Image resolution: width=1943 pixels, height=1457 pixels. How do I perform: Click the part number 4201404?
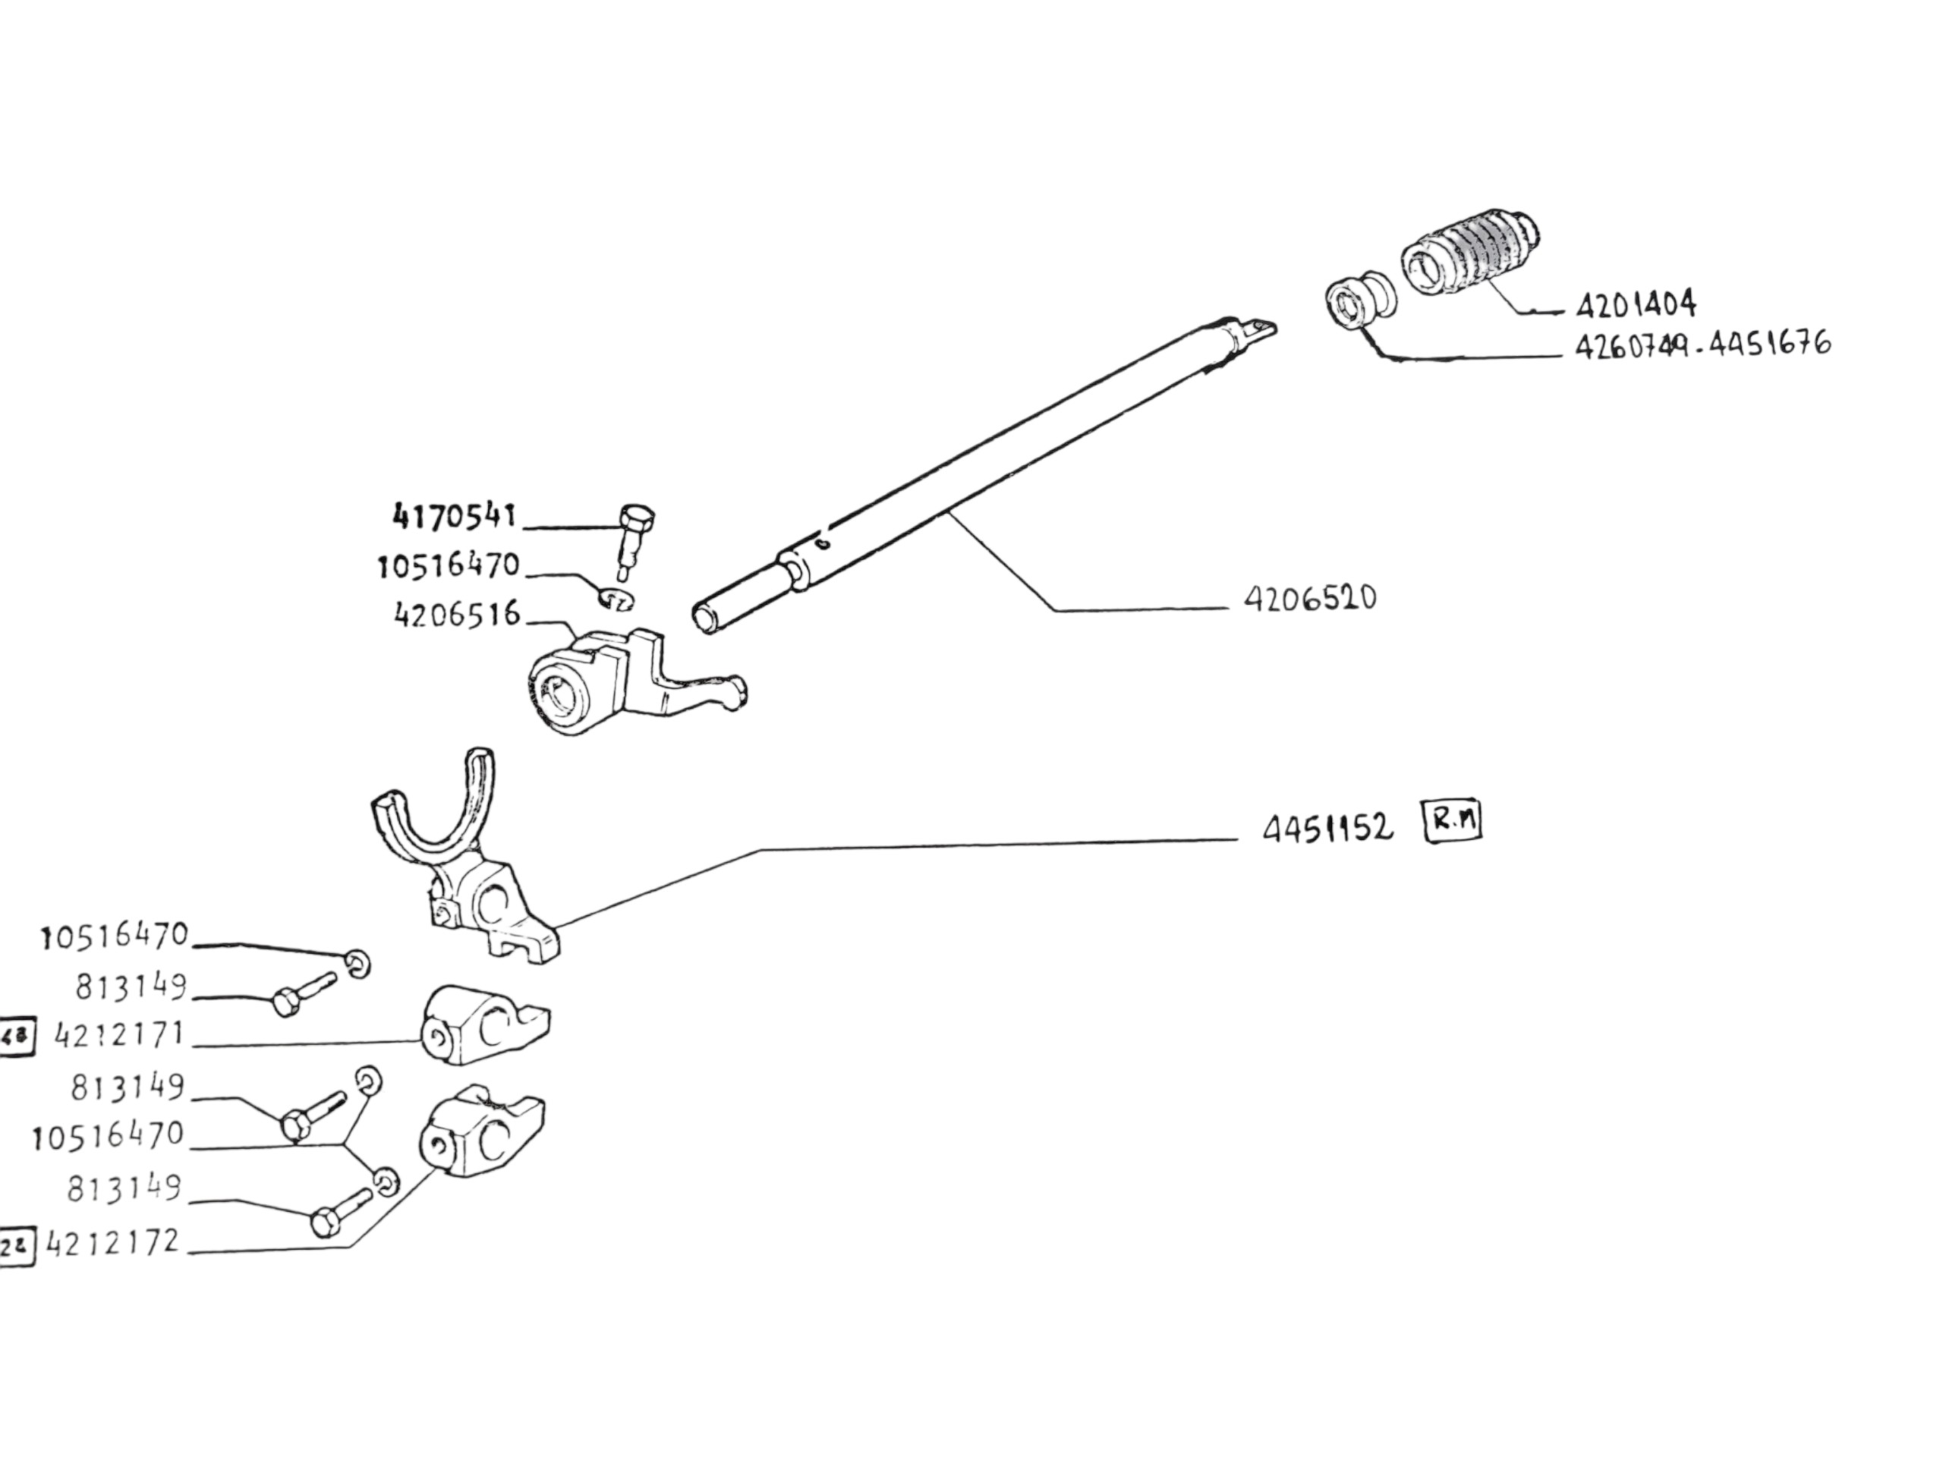pyautogui.click(x=1636, y=305)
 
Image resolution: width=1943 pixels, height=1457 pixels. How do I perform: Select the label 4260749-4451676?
pyautogui.click(x=1703, y=344)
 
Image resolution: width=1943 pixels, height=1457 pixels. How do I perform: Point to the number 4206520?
pyautogui.click(x=1310, y=599)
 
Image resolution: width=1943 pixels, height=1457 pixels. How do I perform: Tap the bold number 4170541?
pyautogui.click(x=454, y=517)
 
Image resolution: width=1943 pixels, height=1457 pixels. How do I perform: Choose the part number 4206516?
pyautogui.click(x=457, y=614)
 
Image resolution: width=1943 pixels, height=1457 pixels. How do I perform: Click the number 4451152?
pyautogui.click(x=1327, y=828)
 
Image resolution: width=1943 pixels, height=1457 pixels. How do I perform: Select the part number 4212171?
pyautogui.click(x=121, y=1035)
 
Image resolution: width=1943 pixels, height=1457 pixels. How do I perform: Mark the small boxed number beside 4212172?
pyautogui.click(x=16, y=1245)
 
